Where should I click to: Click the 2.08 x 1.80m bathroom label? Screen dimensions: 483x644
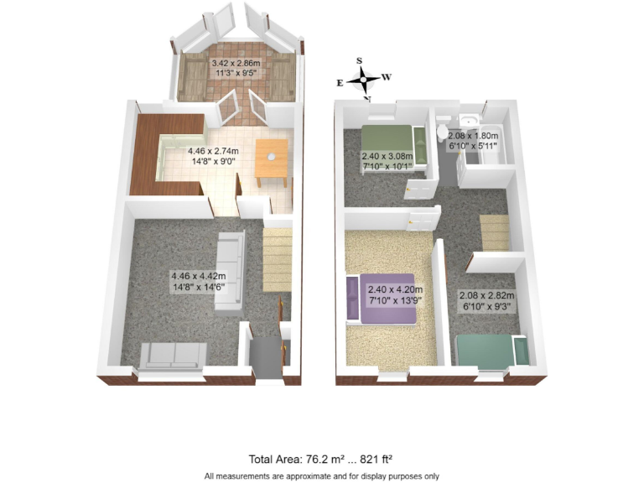[474, 141]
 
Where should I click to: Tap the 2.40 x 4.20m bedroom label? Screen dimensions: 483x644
[394, 296]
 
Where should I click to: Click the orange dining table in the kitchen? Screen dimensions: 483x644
[272, 161]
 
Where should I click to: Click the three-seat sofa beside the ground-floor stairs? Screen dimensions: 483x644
[228, 270]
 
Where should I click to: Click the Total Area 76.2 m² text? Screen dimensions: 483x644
[321, 459]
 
